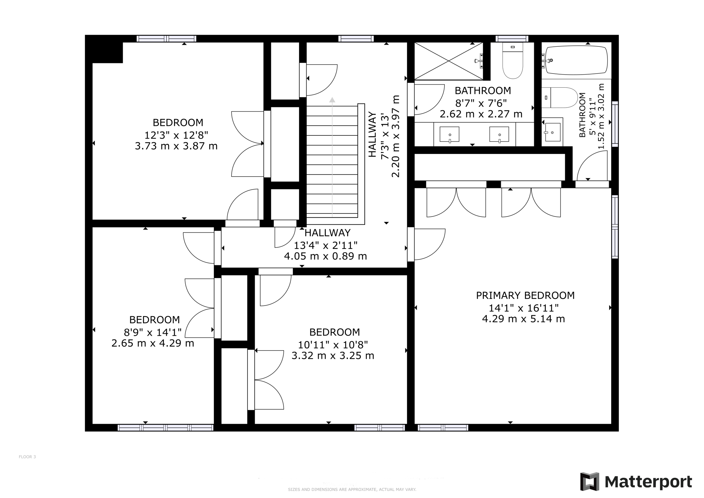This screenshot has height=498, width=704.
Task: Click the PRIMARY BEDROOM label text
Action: click(x=525, y=296)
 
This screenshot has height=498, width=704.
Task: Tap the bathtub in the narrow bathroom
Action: click(x=576, y=60)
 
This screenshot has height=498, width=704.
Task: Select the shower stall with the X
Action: click(x=448, y=61)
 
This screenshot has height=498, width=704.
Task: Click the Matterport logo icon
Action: click(x=590, y=482)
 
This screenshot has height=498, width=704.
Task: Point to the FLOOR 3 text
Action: click(x=27, y=457)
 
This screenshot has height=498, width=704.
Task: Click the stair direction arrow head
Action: click(x=332, y=100)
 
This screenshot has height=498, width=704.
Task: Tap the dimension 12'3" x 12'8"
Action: click(x=176, y=135)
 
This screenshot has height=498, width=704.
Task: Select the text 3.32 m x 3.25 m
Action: click(x=333, y=356)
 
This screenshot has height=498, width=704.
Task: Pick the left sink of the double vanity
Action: click(x=450, y=134)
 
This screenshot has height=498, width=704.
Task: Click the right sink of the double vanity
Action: click(x=499, y=134)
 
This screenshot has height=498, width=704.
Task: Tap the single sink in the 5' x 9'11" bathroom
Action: click(x=552, y=132)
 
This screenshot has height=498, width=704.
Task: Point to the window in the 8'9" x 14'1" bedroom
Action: click(x=165, y=428)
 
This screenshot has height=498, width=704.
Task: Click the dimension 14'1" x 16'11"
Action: click(x=524, y=308)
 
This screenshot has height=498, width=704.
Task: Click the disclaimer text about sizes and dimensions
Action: click(x=352, y=489)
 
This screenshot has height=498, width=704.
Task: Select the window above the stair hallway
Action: click(x=356, y=38)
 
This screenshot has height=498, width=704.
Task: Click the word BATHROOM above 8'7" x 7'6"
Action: click(x=483, y=91)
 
